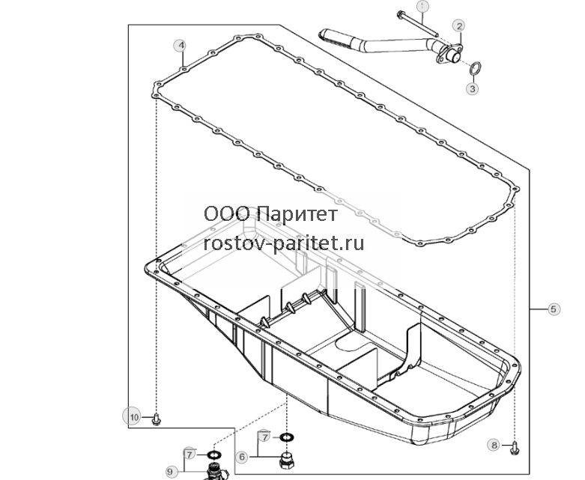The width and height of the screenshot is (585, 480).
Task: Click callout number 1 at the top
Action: click(422, 6)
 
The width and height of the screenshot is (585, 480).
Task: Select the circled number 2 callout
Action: click(459, 25)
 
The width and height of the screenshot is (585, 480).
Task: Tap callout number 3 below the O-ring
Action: click(473, 89)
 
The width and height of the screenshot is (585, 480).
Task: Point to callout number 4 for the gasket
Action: click(181, 46)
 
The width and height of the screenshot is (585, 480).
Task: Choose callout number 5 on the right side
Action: click(554, 309)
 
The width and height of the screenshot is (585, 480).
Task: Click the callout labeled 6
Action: click(242, 457)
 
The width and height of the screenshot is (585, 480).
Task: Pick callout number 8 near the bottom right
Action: click(494, 445)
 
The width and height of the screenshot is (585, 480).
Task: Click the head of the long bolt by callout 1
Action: click(401, 15)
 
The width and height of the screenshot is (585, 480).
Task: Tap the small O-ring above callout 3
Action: click(475, 68)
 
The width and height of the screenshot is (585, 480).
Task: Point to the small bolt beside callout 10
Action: click(157, 419)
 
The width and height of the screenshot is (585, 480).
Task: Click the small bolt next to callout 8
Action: click(515, 447)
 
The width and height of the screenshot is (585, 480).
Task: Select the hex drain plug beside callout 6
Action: click(286, 460)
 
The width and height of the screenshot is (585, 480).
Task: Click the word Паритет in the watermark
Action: click(297, 214)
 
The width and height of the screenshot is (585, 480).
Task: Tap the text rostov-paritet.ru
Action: click(284, 244)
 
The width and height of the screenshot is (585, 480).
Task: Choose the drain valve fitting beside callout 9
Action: click(216, 471)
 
